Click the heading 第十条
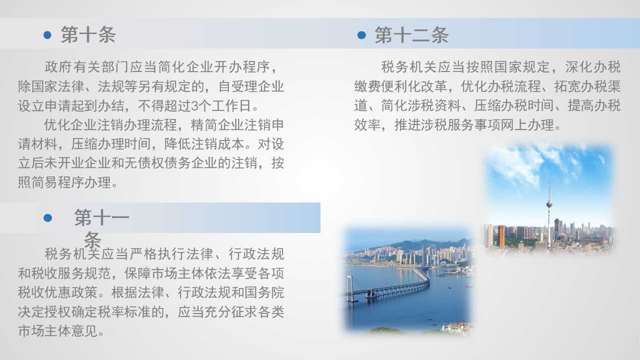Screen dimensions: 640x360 coord(88,35)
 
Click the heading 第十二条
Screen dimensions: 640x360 coord(411,35)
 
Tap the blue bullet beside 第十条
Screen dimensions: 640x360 coord(47,35)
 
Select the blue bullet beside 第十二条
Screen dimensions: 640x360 coord(361,35)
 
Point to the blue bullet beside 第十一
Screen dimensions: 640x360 coord(47,217)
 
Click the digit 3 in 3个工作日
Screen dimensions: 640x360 coord(194,106)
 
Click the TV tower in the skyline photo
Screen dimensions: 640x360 coord(549,214)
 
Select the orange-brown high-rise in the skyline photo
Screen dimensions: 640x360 coord(501,236)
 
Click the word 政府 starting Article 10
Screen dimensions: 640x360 coord(58,67)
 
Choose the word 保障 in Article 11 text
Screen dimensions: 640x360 coord(137,273)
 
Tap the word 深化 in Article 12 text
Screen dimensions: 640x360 coord(578,67)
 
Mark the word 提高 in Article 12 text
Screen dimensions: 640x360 coord(581,105)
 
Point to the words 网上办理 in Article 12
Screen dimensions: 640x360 coord(528,125)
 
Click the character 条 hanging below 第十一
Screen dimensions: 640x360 coord(92,239)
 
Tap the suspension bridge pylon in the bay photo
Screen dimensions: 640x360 coord(349,288)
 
